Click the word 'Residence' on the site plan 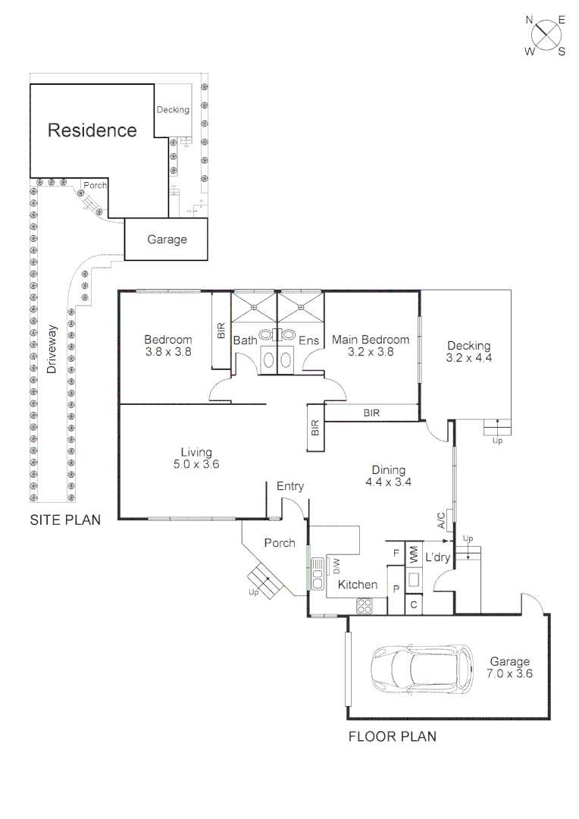point(92,130)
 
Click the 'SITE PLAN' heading point(64,520)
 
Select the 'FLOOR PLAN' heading point(392,736)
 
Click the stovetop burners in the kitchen point(365,605)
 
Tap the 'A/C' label point(441,520)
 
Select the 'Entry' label point(290,486)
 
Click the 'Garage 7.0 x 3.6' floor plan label point(509,667)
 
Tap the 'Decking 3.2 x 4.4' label point(469,352)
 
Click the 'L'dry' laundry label point(438,557)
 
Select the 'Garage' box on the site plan point(166,239)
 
